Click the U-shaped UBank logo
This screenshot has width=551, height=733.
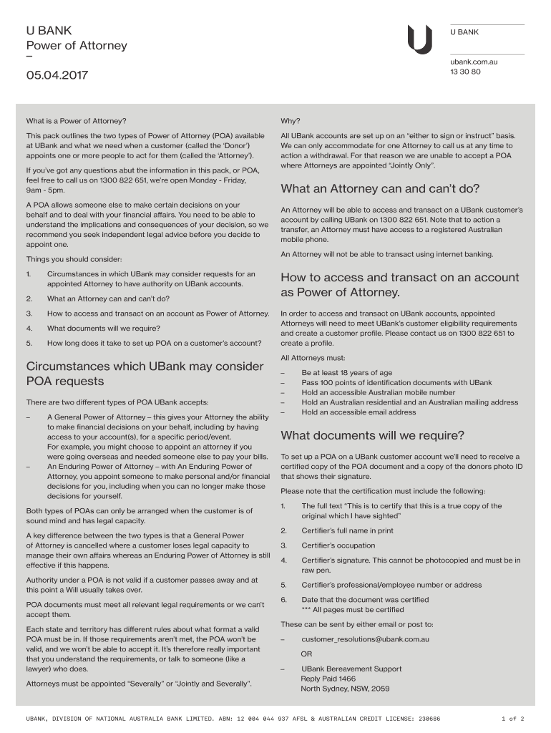click(419, 39)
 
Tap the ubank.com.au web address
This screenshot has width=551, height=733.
click(474, 62)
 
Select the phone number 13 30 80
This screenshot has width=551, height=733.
click(465, 72)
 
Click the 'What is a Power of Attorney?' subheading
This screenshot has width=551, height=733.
click(76, 120)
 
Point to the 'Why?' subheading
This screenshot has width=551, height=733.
click(291, 120)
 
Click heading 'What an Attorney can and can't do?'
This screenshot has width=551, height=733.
click(380, 189)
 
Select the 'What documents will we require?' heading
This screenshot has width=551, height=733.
click(372, 435)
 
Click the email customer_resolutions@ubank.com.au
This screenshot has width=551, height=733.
click(365, 639)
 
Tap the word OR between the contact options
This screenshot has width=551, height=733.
click(306, 654)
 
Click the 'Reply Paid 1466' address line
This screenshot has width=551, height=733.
click(328, 679)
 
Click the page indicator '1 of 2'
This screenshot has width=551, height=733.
click(513, 718)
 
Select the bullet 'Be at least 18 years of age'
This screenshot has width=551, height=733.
click(346, 372)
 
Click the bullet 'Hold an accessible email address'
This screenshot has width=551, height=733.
click(358, 412)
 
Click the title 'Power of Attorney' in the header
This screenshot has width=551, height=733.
click(72, 45)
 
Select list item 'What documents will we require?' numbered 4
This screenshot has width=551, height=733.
click(103, 328)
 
